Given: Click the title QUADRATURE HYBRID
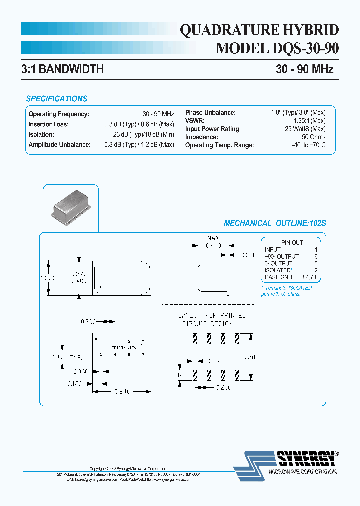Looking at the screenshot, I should (x=259, y=31).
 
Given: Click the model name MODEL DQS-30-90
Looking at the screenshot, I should (x=278, y=49).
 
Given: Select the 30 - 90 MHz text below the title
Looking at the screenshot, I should (x=304, y=69).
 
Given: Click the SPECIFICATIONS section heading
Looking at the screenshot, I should (x=56, y=99).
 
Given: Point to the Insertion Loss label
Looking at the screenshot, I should (x=48, y=124).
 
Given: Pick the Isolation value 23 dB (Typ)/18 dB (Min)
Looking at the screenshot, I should (x=143, y=134).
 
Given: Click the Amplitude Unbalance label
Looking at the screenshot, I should (x=59, y=145).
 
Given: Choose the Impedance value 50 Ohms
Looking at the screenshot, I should (x=314, y=137).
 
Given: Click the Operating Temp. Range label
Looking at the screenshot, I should (x=219, y=145).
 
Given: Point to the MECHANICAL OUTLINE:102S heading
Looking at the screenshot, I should (x=274, y=223).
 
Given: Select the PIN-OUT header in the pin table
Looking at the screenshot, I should (x=292, y=243).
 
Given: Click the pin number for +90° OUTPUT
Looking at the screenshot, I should (x=316, y=256).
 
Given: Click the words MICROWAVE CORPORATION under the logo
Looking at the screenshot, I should (x=303, y=472).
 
